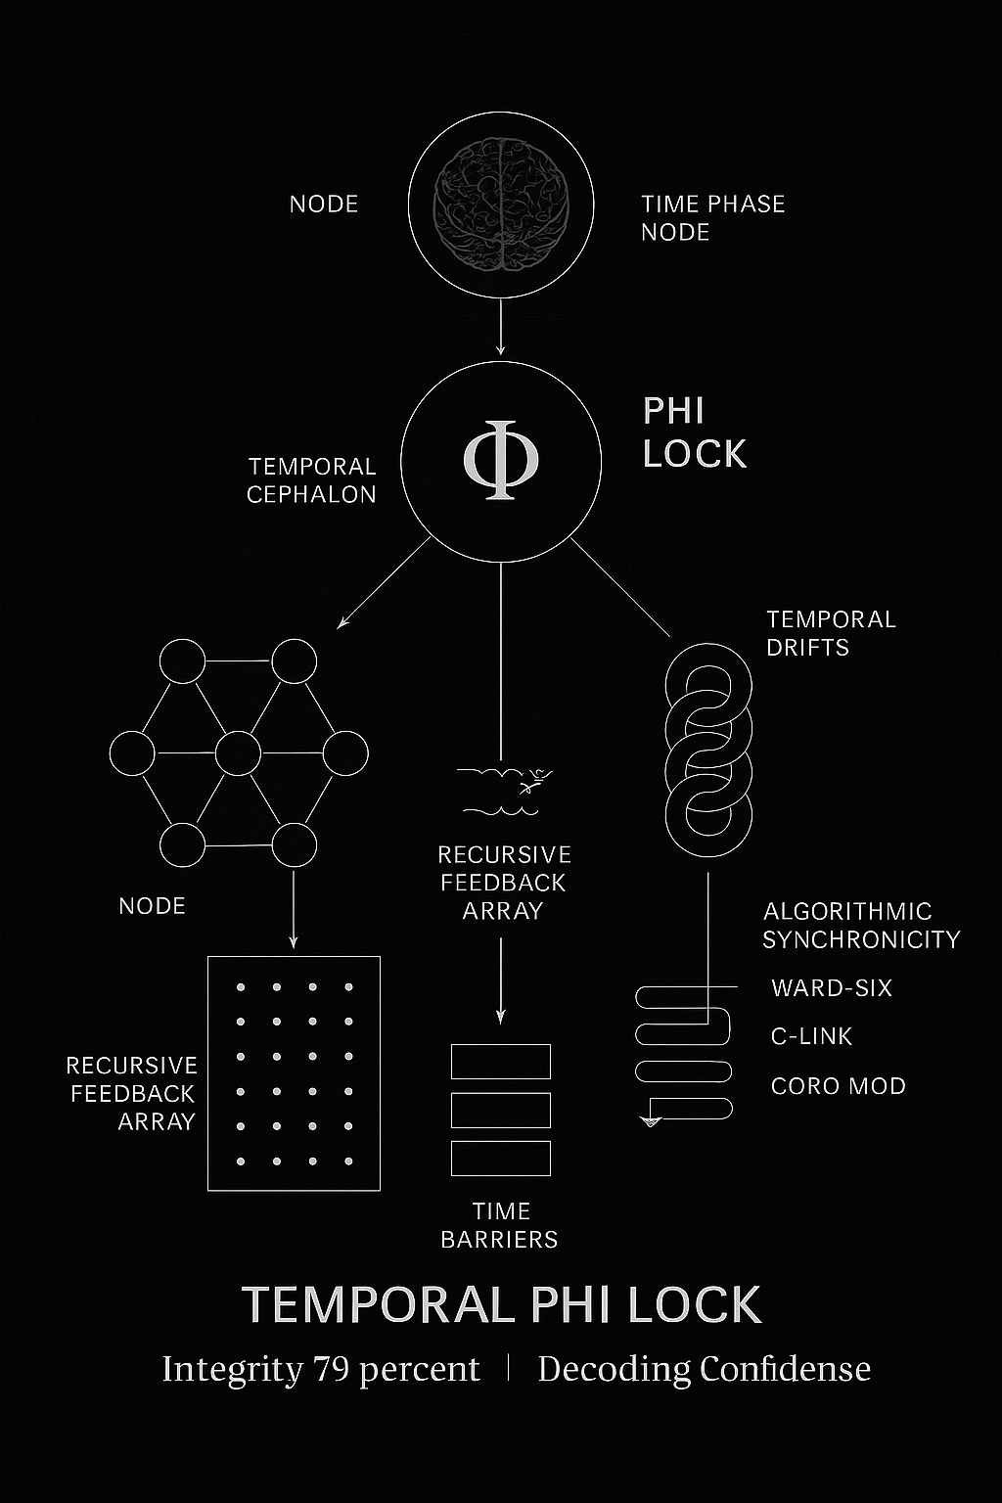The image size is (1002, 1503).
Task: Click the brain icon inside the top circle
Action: [501, 205]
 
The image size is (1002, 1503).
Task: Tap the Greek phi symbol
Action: [501, 460]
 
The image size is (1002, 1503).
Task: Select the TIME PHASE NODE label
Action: [712, 218]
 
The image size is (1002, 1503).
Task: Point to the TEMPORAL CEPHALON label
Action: [311, 480]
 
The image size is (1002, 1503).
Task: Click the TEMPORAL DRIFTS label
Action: [831, 633]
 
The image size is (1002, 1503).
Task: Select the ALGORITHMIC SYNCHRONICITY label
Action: [862, 926]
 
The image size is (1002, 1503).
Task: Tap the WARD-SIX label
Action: [832, 987]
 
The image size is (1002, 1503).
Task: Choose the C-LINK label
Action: [811, 1036]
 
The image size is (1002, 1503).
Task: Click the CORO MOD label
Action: [839, 1085]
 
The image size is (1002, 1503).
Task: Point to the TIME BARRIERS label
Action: [500, 1225]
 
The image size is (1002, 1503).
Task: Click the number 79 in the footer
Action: [333, 1369]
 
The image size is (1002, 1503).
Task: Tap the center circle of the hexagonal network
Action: [238, 753]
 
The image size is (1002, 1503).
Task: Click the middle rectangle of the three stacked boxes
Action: [501, 1110]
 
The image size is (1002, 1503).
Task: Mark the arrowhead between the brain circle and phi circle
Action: [500, 349]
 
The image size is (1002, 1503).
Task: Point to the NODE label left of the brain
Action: [324, 204]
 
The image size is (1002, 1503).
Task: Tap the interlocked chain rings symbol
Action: [708, 750]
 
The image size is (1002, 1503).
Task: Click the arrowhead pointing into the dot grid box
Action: [293, 942]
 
